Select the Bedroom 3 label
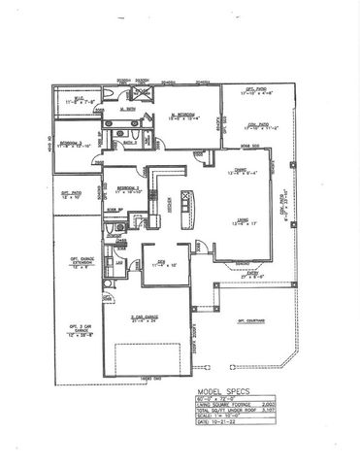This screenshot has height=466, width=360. tap(72, 144)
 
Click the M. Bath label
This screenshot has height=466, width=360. tap(124, 110)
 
